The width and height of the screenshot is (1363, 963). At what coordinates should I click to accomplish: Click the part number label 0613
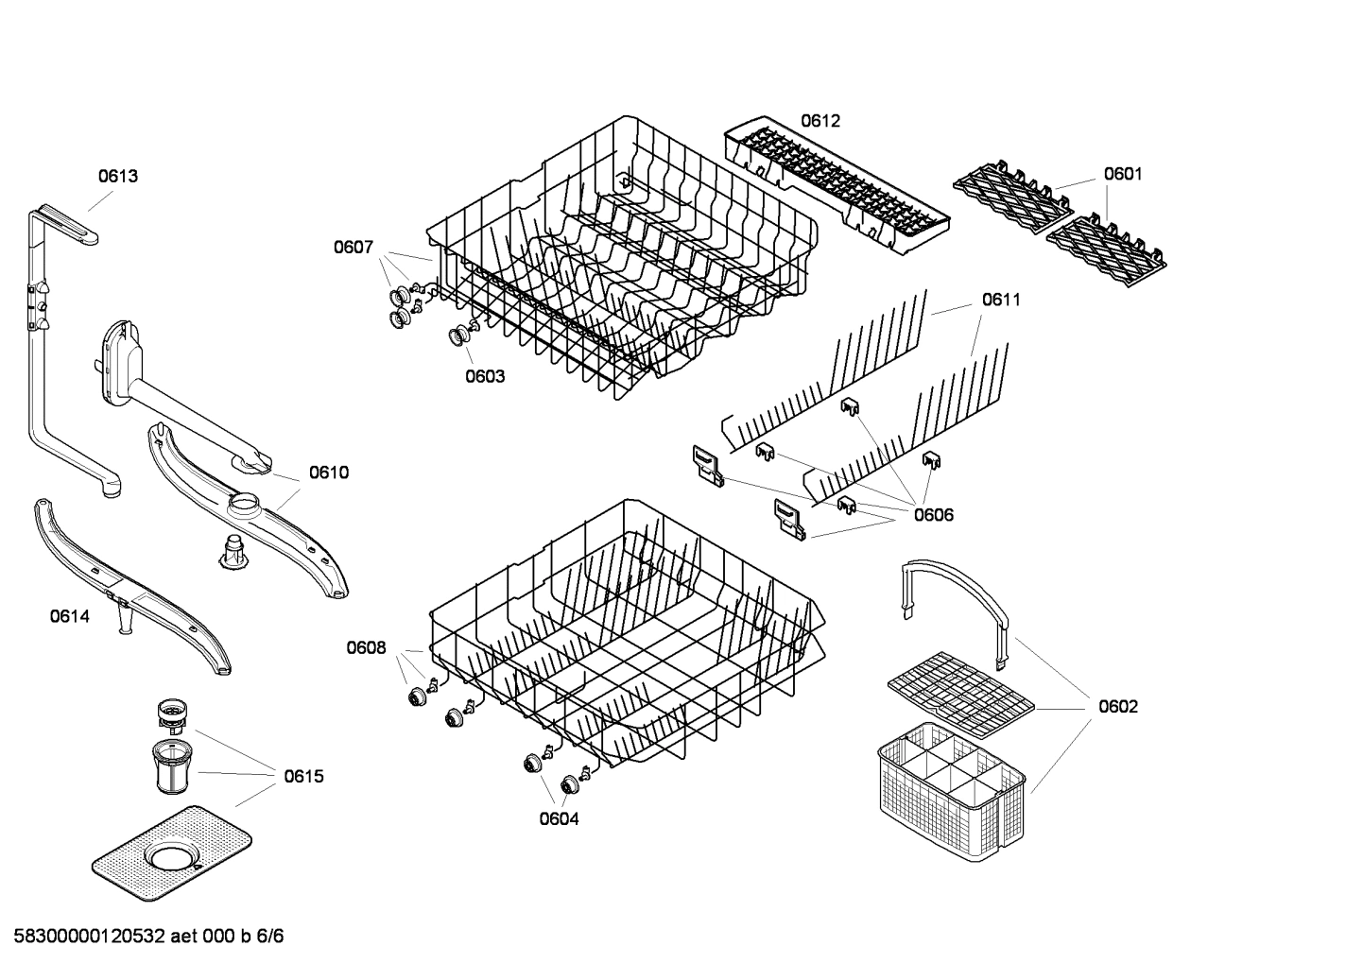pyautogui.click(x=118, y=176)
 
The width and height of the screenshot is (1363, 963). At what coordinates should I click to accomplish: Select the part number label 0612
pyautogui.click(x=820, y=121)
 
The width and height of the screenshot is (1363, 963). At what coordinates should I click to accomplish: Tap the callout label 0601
pyautogui.click(x=1123, y=174)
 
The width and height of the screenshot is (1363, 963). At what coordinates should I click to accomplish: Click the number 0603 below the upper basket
pyautogui.click(x=484, y=376)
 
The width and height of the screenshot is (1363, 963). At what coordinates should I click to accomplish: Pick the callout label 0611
pyautogui.click(x=1001, y=300)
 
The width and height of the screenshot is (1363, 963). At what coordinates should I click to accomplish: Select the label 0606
pyautogui.click(x=933, y=515)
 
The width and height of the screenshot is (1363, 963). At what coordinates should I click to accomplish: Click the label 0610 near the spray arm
pyautogui.click(x=328, y=473)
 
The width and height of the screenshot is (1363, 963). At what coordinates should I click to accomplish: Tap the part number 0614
pyautogui.click(x=70, y=617)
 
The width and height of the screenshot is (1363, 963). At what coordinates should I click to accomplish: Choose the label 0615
pyautogui.click(x=303, y=777)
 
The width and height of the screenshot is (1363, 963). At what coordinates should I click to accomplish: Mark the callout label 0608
pyautogui.click(x=366, y=647)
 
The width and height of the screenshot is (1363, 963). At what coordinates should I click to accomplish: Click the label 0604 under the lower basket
pyautogui.click(x=559, y=819)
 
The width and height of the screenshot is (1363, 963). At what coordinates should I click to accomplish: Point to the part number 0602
pyautogui.click(x=1117, y=707)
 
